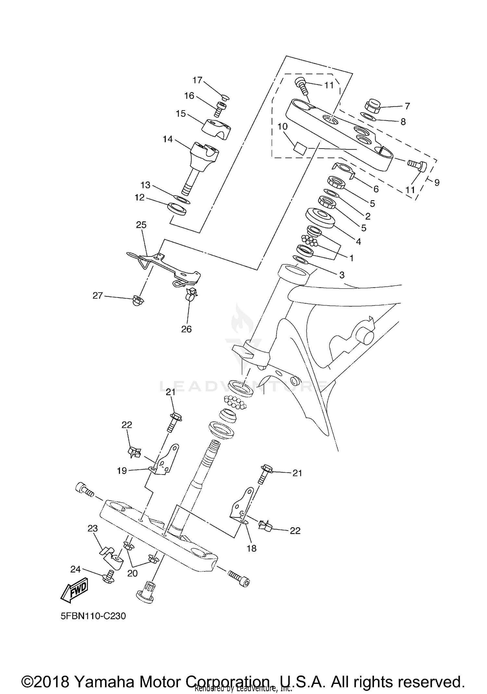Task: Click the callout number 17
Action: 197,80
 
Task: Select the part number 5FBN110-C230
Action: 93,616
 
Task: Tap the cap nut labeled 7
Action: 372,106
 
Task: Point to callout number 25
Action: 141,225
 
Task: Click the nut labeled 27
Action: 139,301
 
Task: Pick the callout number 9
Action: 437,183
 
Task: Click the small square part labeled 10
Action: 300,148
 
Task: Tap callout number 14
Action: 168,139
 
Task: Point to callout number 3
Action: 342,275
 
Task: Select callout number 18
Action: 252,548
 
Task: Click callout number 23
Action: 93,529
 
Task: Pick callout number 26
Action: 186,329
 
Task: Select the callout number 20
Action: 132,573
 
